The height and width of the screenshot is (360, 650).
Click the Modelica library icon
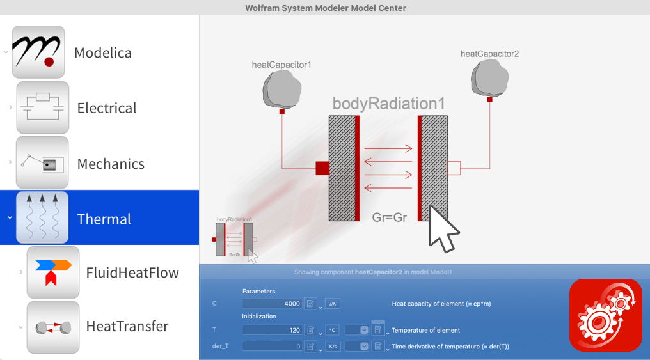coord(38,52)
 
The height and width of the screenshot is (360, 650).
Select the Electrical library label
coord(107,108)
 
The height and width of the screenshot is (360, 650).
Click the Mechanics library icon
coord(42,163)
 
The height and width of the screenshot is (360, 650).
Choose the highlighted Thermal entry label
coord(104,219)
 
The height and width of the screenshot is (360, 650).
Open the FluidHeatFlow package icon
coord(53,272)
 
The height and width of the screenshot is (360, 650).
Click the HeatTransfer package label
coord(127,326)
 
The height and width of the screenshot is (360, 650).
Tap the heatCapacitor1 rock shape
coord(282,90)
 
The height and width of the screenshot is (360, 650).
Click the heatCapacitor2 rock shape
coord(489,78)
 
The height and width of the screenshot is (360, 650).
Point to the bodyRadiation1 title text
coord(389,104)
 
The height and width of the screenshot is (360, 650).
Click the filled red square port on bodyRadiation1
coord(322,168)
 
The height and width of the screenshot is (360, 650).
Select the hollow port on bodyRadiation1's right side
coord(454,168)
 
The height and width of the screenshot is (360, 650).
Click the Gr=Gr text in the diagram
coord(389,217)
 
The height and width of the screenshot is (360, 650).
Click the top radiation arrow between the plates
coord(388,148)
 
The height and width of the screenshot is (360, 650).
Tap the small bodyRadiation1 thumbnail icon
coord(235,239)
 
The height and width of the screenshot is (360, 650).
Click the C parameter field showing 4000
coord(272,304)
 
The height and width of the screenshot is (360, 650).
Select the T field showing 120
coord(272,330)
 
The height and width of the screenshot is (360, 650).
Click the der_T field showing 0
coord(272,347)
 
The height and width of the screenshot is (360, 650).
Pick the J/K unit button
coord(333,304)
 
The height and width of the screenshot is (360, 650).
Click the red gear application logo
coord(606,315)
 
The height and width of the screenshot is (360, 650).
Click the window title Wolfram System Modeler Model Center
coord(326,8)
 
